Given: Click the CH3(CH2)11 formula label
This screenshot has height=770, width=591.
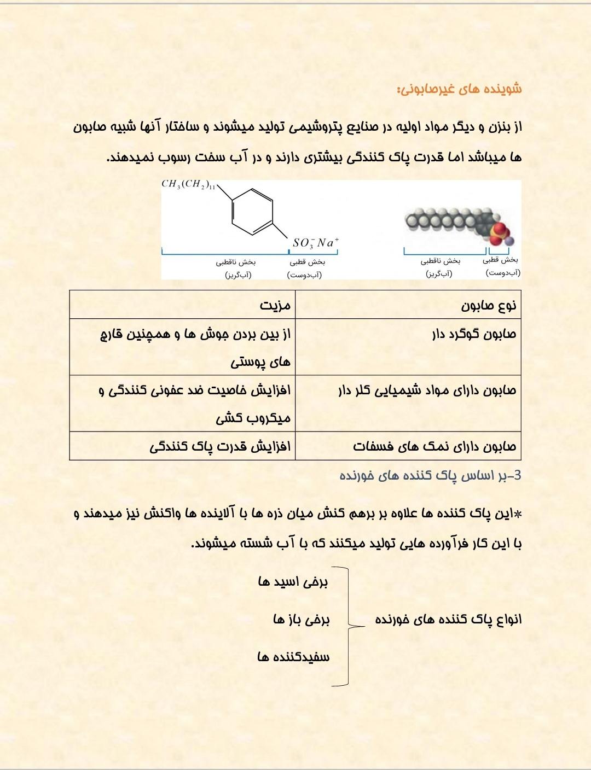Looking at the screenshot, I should tap(188, 185).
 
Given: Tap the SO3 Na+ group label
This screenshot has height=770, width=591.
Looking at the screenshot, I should tap(316, 242).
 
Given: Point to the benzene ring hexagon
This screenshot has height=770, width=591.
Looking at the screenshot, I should tap(252, 212).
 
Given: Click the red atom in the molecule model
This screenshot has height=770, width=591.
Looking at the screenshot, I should tap(499, 229).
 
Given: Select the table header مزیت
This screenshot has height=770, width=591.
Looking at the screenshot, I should tap(275, 305).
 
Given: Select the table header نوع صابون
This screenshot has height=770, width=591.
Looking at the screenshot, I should tap(488, 305).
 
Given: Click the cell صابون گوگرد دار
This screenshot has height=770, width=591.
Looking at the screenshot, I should tap(474, 334).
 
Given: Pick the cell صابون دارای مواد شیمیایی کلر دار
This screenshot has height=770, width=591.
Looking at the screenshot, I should tap(427, 390).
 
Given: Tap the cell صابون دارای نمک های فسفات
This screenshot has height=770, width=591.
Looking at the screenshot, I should tap(434, 447).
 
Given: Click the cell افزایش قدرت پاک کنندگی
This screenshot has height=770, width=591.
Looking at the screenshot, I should tap(220, 447).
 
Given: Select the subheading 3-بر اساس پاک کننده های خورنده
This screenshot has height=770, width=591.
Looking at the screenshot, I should tap(431, 476).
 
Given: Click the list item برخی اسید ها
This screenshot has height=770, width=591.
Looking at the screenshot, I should tap(293, 581).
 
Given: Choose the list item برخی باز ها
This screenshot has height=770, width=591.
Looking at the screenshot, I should tap(302, 619).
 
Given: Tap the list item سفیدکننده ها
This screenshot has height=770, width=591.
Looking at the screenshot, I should tap(293, 657).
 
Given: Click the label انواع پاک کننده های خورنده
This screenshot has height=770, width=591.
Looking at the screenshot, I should tap(448, 619).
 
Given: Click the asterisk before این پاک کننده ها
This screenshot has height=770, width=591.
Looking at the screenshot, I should tap(518, 514).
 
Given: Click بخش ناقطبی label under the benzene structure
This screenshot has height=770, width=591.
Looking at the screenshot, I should tap(236, 262).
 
